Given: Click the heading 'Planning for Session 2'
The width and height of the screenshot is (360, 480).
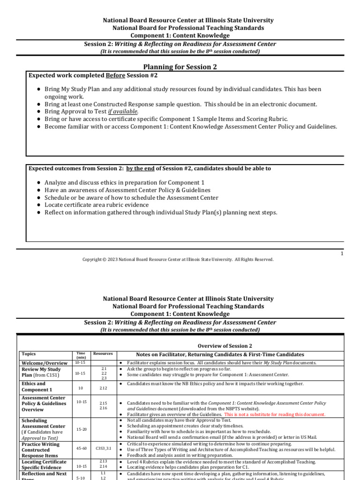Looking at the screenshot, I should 180,67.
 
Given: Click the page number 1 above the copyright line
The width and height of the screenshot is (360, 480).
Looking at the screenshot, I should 342,253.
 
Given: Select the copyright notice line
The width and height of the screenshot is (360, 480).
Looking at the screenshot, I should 178,259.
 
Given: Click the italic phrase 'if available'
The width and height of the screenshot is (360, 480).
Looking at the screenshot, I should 123,112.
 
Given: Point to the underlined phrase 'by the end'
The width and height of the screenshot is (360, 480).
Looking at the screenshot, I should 141,168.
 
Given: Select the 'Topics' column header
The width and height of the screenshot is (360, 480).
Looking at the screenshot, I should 29,354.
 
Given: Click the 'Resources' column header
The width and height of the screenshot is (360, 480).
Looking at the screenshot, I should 103,353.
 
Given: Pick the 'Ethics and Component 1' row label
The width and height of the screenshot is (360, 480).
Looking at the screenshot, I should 37,387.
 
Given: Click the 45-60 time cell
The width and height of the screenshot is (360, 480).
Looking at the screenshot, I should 81,448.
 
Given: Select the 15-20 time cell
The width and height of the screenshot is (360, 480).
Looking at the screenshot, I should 81,429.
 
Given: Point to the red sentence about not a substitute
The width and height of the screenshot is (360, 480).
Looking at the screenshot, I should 275,415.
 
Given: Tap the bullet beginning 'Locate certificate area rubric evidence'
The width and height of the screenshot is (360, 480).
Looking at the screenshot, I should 97,205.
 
